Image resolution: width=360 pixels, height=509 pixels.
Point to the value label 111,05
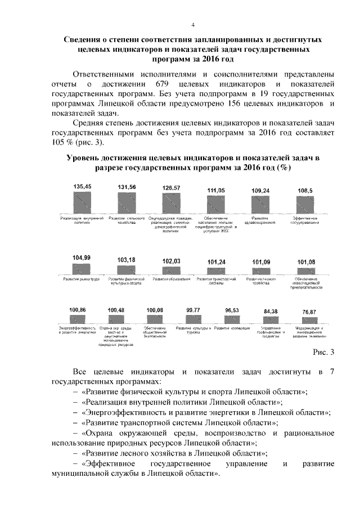[215, 191]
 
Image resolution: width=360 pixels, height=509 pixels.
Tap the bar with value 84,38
[271, 319]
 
